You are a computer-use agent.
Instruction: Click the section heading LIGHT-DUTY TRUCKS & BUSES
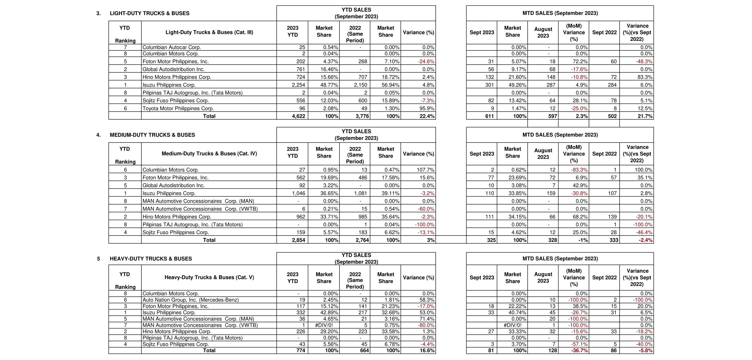pos(149,13)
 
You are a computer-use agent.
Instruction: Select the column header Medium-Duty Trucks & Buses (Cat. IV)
pos(209,153)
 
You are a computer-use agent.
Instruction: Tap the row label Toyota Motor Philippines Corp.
pos(178,108)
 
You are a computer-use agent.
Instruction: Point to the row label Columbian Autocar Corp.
pos(172,47)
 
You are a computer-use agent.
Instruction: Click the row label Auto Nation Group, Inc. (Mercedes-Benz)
pos(191,300)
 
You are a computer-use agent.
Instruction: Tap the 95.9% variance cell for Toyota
pos(427,108)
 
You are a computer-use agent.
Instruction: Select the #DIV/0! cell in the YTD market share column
pos(326,325)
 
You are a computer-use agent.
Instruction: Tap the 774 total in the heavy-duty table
pos(301,350)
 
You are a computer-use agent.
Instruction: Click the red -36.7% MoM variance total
pos(580,350)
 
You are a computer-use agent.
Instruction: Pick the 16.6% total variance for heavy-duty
pos(427,350)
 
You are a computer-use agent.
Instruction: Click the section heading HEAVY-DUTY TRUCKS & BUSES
pos(151,259)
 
